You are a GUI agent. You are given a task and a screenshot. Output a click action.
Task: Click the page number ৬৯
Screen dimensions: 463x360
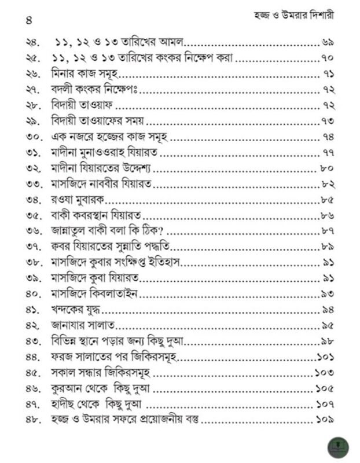click(328, 43)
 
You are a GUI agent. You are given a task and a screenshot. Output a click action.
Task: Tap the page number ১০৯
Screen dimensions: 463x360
click(325, 418)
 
